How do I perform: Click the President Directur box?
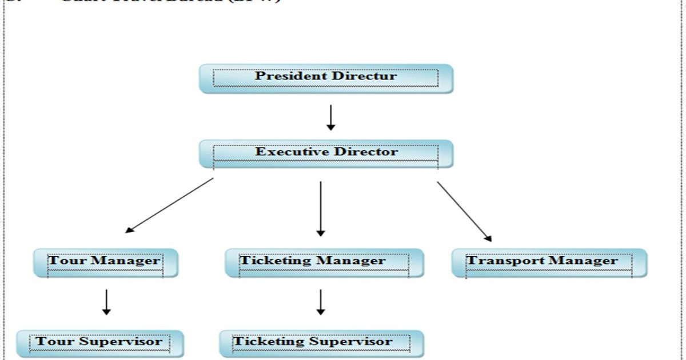[x=326, y=78]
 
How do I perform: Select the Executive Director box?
[x=326, y=154]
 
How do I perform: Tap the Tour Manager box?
[x=106, y=263]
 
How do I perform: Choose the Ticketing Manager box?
[x=324, y=263]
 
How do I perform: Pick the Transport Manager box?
[x=549, y=263]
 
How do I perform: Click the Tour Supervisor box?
[x=100, y=343]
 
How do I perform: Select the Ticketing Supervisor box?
[x=321, y=343]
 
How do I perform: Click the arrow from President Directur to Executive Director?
[x=330, y=117]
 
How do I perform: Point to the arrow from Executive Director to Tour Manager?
[x=169, y=206]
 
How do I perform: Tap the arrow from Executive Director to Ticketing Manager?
[x=321, y=209]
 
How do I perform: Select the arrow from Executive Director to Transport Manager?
[x=464, y=211]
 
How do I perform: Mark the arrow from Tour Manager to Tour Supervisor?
[x=106, y=302]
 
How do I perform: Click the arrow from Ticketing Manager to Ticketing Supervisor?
[x=321, y=302]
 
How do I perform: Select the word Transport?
[x=502, y=261]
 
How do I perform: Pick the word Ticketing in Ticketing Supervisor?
[x=268, y=342]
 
